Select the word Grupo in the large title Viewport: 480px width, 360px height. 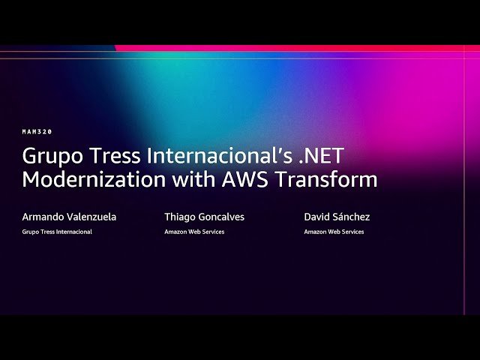point(51,157)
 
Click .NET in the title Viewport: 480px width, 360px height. point(316,157)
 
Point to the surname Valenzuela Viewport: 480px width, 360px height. point(91,217)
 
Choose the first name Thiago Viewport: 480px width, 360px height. point(181,217)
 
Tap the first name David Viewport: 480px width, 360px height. point(316,217)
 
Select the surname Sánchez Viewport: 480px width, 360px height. point(352,217)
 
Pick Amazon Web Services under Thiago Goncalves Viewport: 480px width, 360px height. point(194,232)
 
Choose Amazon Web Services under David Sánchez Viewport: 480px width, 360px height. point(334,232)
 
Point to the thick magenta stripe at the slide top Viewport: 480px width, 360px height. point(300,48)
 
